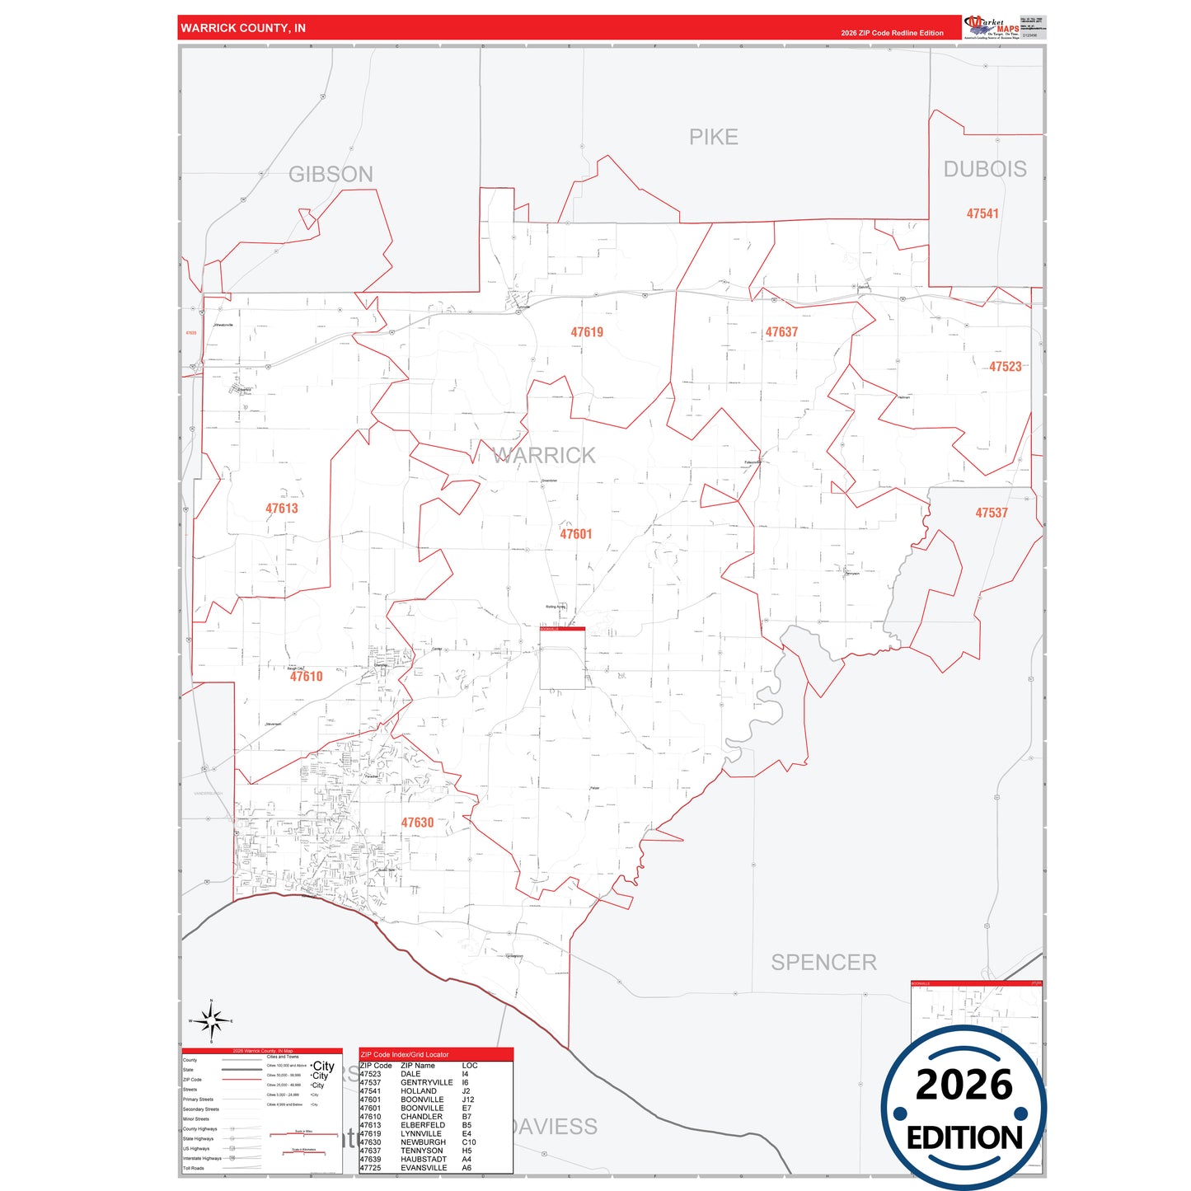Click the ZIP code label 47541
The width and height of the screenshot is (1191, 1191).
pyautogui.click(x=982, y=213)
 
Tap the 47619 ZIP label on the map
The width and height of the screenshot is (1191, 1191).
pyautogui.click(x=587, y=332)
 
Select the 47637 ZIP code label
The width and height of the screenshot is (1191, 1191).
pyautogui.click(x=781, y=332)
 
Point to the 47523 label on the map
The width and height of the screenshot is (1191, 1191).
pyautogui.click(x=1005, y=367)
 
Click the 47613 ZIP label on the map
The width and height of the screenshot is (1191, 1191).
pyautogui.click(x=282, y=509)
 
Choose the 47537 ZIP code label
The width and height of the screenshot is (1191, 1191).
pyautogui.click(x=992, y=513)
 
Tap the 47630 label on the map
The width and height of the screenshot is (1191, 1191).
pyautogui.click(x=417, y=823)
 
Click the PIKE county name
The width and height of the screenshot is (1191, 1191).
pyautogui.click(x=713, y=137)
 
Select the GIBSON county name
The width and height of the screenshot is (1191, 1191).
pyautogui.click(x=331, y=174)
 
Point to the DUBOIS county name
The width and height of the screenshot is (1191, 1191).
pyautogui.click(x=985, y=169)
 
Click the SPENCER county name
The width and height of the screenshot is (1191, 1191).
pyautogui.click(x=823, y=962)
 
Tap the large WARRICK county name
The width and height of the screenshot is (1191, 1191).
pyautogui.click(x=544, y=455)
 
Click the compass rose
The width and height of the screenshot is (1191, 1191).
pyautogui.click(x=212, y=1021)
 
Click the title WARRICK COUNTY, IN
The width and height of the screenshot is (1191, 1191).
pyautogui.click(x=243, y=28)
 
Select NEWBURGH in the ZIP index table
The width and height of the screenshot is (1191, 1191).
pyautogui.click(x=423, y=1142)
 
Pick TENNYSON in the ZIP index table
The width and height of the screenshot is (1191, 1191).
pyautogui.click(x=421, y=1151)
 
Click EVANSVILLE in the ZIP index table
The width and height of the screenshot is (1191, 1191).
pyautogui.click(x=424, y=1168)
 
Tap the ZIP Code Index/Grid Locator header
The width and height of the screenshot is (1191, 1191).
pyautogui.click(x=405, y=1054)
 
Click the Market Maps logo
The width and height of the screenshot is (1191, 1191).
pyautogui.click(x=992, y=26)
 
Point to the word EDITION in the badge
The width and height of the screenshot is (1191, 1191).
pyautogui.click(x=964, y=1138)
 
